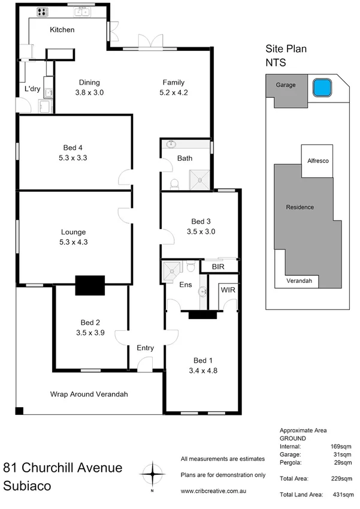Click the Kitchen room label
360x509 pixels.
click(x=62, y=29)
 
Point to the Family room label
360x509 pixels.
click(x=174, y=83)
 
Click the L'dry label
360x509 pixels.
click(x=32, y=89)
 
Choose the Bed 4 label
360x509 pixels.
click(x=74, y=148)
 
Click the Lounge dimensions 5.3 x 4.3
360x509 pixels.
click(x=74, y=242)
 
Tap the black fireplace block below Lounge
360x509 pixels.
click(x=90, y=285)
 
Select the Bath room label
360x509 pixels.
click(x=184, y=158)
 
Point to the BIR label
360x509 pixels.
click(x=211, y=266)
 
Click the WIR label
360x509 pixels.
click(x=228, y=290)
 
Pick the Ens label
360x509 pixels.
click(x=186, y=284)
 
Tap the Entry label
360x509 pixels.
click(x=146, y=348)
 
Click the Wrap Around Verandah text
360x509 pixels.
click(x=89, y=394)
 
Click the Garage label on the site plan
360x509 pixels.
click(x=286, y=85)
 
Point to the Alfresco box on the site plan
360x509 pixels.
click(x=317, y=161)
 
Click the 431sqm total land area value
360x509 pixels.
click(x=341, y=495)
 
